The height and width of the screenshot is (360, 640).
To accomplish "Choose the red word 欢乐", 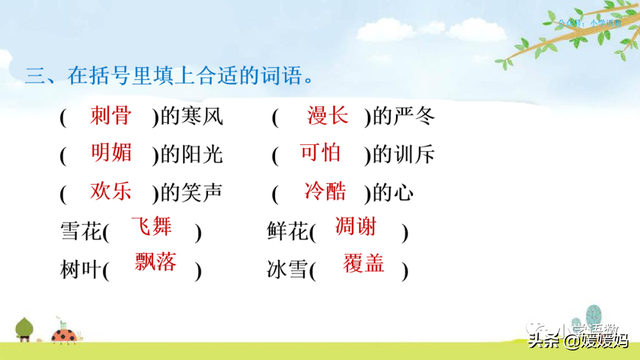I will (x=110, y=190).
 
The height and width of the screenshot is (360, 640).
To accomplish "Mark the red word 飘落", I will (x=155, y=263).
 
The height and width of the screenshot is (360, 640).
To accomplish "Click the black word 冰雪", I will (x=287, y=271).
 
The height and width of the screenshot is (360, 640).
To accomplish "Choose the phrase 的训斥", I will (x=400, y=155).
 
